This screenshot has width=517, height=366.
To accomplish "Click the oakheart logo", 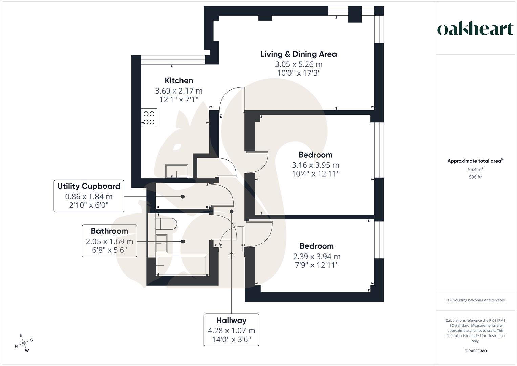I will pos(475,29).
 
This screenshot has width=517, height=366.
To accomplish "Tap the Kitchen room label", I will pos(179,81).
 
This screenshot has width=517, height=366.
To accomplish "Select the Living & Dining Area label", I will pos(298,54).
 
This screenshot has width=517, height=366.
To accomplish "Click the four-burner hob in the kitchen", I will pos(149,118).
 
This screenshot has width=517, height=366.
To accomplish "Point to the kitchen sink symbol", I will pos(176,171).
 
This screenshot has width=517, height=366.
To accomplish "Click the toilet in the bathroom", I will pos(166,224).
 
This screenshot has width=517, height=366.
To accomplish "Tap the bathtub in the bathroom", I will pos(181,265).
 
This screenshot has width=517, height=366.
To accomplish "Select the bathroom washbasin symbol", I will pos(161,243).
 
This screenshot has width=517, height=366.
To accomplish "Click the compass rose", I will pos(24,343).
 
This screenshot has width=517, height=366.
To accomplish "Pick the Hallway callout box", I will pos(231,330).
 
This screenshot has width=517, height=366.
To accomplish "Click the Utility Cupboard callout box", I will pos(89,196).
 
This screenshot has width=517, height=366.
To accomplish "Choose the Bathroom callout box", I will pos(109,241).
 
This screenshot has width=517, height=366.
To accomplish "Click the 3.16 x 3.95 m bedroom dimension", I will pos(315,165).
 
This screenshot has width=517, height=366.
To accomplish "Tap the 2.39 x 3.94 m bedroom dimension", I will pos(316,257).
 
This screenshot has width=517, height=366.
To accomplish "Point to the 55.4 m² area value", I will pos(475,169).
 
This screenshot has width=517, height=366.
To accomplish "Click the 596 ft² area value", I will pos(475,177).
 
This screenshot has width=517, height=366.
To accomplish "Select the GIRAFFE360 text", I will pos(475,351).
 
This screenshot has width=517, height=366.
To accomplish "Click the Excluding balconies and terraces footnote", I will pos(475,300).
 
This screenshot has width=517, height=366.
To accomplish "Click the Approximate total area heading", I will pos(475,161).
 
